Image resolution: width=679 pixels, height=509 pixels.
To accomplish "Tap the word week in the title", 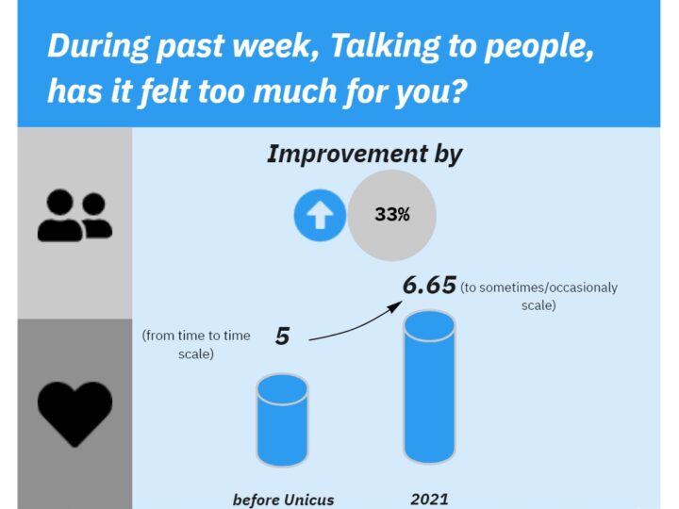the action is coord(275,45).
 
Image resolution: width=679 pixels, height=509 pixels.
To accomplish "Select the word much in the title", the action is coord(294,90).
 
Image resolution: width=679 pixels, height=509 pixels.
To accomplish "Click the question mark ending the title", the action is coord(456,90).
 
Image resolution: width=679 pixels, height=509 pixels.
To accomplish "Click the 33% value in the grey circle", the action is coord(392,214).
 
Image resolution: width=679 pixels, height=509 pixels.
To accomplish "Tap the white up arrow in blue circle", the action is coord(320,215).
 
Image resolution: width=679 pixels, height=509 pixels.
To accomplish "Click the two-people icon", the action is coord(75,215).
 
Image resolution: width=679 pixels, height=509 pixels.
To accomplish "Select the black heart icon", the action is coord(75,414).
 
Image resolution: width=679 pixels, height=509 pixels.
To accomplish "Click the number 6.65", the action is coord(429,286).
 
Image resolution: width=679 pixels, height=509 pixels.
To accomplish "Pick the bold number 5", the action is coord(282,337).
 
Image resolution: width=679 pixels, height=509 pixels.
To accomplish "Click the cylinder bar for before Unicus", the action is coord(282,420).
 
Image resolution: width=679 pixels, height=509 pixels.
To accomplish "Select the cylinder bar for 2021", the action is coord(429,387).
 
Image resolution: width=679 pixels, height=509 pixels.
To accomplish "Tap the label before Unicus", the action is coord(284,500).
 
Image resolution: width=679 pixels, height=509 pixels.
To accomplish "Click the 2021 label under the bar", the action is coord(429,500).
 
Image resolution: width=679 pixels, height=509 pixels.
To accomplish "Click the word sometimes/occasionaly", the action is coord(548,287).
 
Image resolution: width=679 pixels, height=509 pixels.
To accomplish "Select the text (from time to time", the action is coord(196,336).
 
